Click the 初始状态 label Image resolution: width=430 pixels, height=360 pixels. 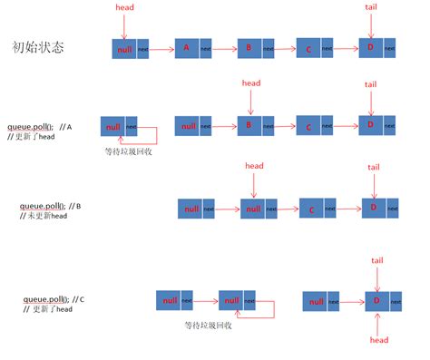(39, 46)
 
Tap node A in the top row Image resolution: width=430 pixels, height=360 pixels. (187, 48)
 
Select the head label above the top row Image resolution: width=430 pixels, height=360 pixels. (125, 7)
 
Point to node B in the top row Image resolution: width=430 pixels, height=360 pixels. (249, 48)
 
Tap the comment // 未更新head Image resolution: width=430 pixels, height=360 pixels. (39, 217)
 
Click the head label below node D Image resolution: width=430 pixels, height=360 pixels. (378, 340)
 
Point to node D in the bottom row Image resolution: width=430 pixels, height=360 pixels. (373, 301)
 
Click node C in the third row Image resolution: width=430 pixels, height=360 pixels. (311, 210)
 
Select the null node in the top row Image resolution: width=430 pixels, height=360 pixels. (124, 50)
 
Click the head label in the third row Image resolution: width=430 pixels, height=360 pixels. (254, 165)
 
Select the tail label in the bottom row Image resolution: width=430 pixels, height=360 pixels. (378, 260)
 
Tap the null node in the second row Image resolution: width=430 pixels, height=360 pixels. (112, 127)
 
